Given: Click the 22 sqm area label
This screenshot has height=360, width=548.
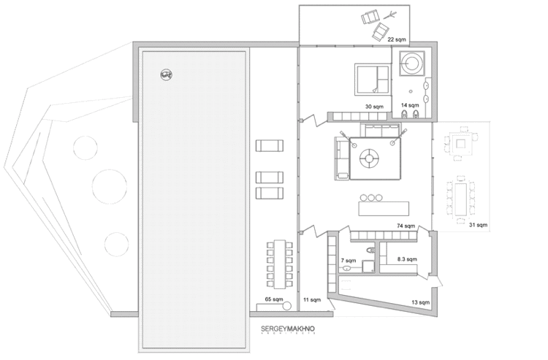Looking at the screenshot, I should click(x=397, y=38).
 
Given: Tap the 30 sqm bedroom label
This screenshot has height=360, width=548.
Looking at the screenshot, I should click(x=374, y=106).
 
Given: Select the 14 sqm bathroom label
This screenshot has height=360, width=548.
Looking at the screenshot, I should click(x=409, y=105).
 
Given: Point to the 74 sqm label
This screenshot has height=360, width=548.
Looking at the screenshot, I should click(x=406, y=226).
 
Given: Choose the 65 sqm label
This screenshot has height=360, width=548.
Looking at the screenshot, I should click(x=273, y=300).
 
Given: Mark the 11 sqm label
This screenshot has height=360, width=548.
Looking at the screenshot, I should click(x=311, y=300).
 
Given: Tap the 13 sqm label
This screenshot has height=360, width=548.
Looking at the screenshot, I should click(x=420, y=302).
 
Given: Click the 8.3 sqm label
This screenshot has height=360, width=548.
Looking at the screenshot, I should click(x=406, y=259).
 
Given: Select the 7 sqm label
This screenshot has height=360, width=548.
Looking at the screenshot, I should click(x=348, y=261).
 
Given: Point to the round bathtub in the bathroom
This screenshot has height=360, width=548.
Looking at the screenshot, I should click(x=414, y=62).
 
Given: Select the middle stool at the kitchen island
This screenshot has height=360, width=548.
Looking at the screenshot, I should click(x=372, y=198).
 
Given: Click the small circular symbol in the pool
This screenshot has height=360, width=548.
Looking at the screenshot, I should click(x=166, y=73).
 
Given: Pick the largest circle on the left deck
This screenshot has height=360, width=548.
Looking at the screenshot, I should click(x=108, y=185).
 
